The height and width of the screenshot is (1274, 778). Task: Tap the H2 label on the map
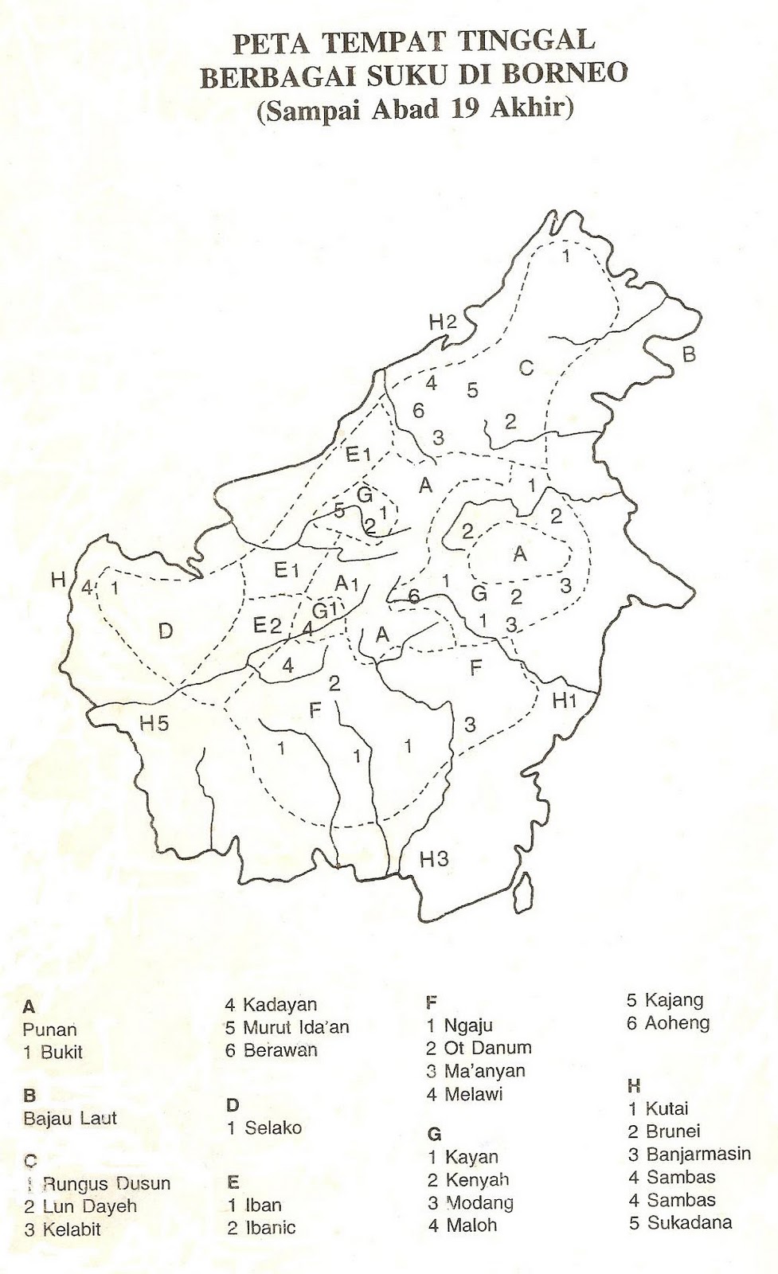pyautogui.click(x=443, y=322)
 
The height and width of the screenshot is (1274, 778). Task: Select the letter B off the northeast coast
pyautogui.click(x=689, y=354)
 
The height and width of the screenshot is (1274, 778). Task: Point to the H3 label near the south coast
pyautogui.click(x=434, y=859)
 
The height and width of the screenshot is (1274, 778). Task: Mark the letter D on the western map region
pyautogui.click(x=165, y=631)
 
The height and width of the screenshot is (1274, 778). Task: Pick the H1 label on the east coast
pyautogui.click(x=564, y=701)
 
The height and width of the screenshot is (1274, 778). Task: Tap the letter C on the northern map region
pyautogui.click(x=526, y=368)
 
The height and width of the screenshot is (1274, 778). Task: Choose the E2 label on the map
pyautogui.click(x=267, y=626)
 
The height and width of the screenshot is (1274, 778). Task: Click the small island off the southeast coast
pyautogui.click(x=522, y=889)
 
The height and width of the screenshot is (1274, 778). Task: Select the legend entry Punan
pyautogui.click(x=49, y=1029)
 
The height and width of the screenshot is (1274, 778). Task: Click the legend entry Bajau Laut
pyautogui.click(x=70, y=1118)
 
